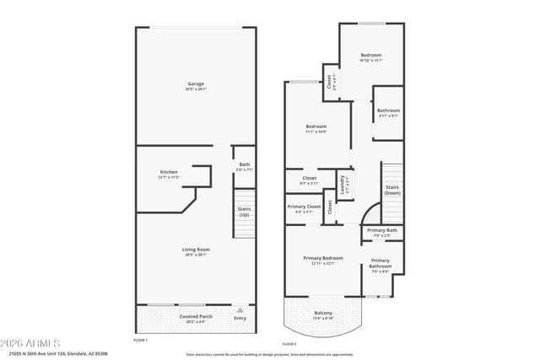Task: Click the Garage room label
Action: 196,83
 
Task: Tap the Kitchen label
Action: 169,172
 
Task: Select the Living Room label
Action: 196,250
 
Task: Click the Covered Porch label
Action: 196,316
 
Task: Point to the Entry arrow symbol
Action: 240,309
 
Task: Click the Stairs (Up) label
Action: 244,212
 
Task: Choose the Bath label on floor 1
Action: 245,164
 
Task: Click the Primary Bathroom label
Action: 380,263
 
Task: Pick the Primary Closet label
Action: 304,207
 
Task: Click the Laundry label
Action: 342,184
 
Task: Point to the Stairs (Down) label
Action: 392,190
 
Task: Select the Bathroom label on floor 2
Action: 388,110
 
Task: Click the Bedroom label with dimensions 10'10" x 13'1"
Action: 371,56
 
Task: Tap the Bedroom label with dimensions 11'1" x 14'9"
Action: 316,126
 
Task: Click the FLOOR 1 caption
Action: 141,340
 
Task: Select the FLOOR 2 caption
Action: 289,344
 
